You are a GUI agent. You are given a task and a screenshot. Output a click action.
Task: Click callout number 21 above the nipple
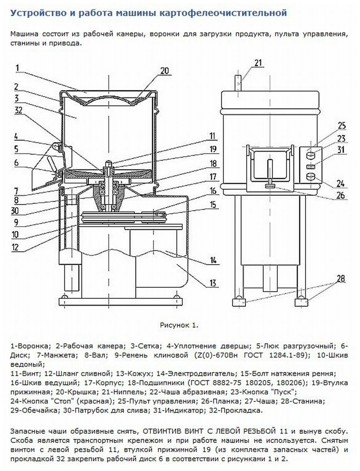(x=258, y=62)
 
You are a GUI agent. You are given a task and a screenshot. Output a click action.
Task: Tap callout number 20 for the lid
(x=165, y=71)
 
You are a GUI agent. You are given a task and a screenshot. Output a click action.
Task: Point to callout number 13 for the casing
(x=213, y=283)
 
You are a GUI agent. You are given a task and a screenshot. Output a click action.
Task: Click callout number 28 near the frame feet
(x=341, y=278)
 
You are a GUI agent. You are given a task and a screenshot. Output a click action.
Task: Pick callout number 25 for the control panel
(x=342, y=125)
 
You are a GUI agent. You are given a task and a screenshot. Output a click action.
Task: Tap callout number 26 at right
(x=341, y=195)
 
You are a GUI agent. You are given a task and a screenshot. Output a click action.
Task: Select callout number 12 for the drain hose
(x=15, y=247)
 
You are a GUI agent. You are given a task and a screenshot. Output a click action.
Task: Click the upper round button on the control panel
(x=311, y=156)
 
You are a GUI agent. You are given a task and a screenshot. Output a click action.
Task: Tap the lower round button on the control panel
(x=311, y=177)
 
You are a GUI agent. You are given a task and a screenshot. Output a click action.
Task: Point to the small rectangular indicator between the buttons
(x=311, y=166)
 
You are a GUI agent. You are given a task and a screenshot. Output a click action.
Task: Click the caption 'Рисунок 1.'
(x=179, y=325)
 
